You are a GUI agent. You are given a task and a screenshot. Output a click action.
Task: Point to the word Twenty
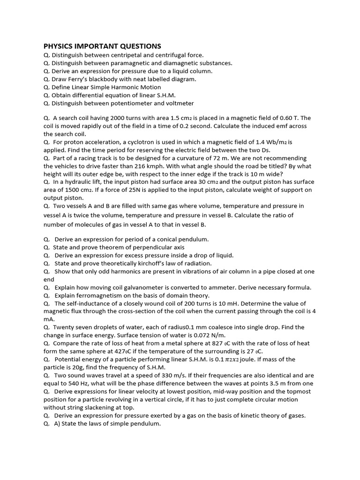point(64,327)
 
